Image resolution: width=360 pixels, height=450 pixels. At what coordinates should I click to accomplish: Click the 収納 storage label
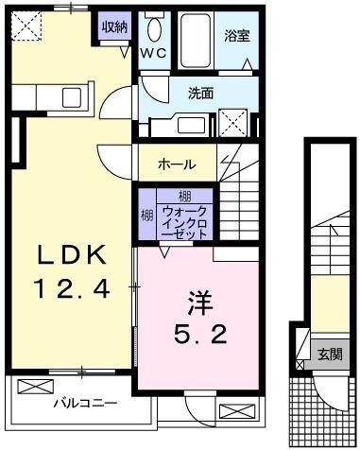115,27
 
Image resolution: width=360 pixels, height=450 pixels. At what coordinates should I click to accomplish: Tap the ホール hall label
177,164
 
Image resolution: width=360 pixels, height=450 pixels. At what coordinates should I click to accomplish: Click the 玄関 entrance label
331,355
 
